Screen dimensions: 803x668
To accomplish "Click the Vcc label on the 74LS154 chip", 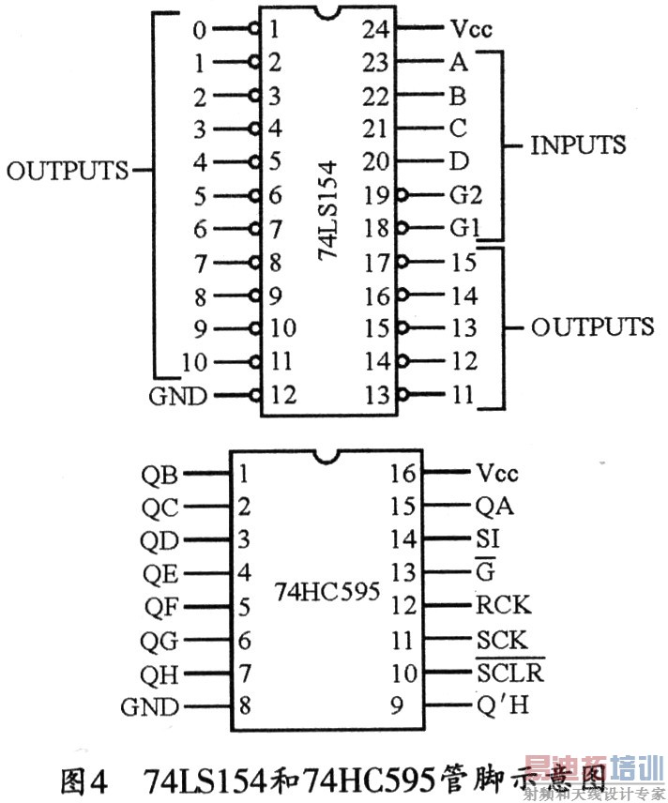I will point(471,29).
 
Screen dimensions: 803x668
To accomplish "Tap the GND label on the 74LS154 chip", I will point(177,396).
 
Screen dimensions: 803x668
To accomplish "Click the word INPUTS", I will point(578,145).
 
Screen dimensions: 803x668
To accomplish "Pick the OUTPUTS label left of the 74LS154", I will point(67,171).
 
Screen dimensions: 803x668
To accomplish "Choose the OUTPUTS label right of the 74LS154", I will point(592,326).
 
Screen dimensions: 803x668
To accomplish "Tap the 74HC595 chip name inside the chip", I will point(326,592).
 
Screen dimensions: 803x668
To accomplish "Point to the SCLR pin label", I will point(509,672).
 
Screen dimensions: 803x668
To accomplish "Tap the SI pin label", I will point(488,538).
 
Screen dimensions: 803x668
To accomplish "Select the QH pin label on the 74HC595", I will point(161,674).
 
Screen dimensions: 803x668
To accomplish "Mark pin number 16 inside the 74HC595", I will point(401,473).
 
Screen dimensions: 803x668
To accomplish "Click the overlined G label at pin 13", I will point(486,572).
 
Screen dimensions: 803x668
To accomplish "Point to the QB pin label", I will point(161,474).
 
